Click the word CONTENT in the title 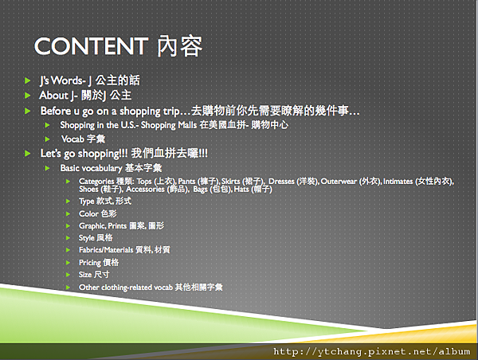tap(91, 46)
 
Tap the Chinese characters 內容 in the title tap(180, 46)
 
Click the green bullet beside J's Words tap(27, 80)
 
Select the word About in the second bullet tap(53, 95)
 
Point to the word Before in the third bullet tap(56, 111)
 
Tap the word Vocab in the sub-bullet tap(72, 139)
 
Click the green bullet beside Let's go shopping tap(27, 154)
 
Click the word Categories tap(96, 182)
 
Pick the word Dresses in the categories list tap(281, 182)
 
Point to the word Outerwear tap(339, 182)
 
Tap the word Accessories tap(146, 190)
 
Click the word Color tap(88, 213)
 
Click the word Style tap(87, 238)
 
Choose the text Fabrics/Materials tap(106, 250)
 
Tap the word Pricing tap(90, 263)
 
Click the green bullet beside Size tap(68, 275)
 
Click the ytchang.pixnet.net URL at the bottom tap(371, 351)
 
